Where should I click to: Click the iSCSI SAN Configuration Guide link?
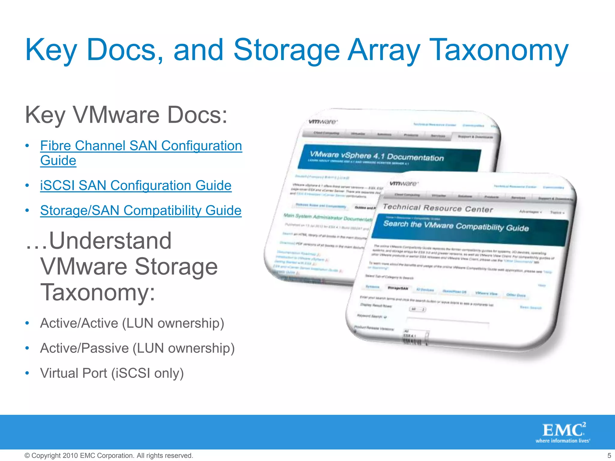pos(136,185)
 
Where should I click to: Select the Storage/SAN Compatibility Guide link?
pos(141,210)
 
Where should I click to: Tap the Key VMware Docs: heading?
pos(126,115)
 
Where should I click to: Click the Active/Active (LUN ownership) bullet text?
pos(132,323)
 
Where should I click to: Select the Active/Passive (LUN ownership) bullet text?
pos(137,348)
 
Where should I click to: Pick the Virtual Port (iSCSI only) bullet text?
pos(112,373)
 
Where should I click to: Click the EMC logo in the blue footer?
pos(563,430)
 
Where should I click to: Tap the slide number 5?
pos(609,455)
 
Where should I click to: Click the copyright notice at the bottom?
pos(109,456)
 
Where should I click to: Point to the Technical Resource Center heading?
pos(438,208)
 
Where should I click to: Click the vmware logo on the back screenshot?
pos(323,122)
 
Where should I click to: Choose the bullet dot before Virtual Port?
pos(27,373)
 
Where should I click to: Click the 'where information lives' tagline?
pos(563,441)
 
